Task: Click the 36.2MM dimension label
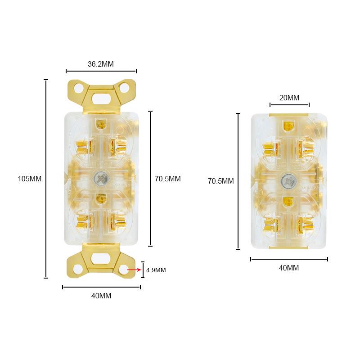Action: [x=100, y=64]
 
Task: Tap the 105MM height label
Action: [x=30, y=179]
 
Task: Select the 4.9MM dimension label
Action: [x=156, y=270]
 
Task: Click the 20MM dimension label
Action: [x=289, y=98]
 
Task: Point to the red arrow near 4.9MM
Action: [x=135, y=270]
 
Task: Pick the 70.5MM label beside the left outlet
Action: [x=167, y=179]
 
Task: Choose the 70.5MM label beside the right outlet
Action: [x=221, y=181]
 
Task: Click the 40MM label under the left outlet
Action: [x=101, y=296]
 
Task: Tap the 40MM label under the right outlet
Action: [x=289, y=268]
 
